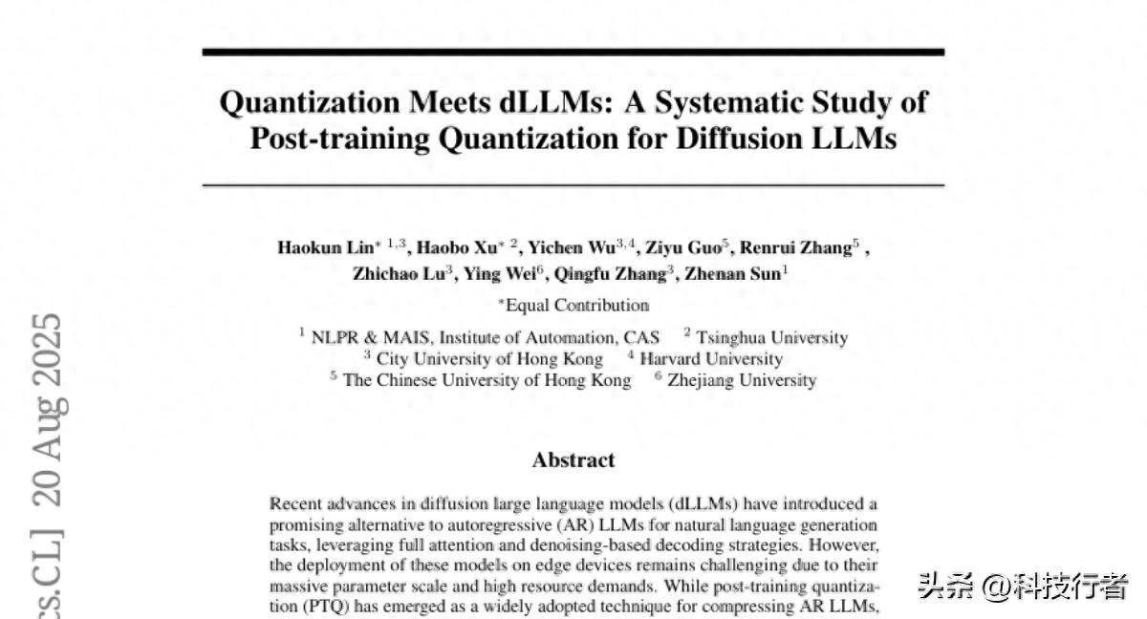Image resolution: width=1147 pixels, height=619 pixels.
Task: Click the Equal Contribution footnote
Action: coord(576,306)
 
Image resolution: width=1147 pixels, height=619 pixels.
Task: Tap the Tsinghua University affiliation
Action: coord(771,337)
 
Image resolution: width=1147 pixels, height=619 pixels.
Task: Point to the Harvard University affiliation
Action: coord(710,359)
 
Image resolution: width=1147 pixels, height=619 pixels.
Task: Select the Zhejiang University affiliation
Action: coord(742,380)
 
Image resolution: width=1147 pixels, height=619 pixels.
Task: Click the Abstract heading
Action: coord(573,459)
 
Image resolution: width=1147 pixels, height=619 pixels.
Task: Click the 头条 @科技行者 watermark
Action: coord(1023,586)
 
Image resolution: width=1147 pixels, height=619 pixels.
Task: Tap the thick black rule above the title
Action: coord(573,52)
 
